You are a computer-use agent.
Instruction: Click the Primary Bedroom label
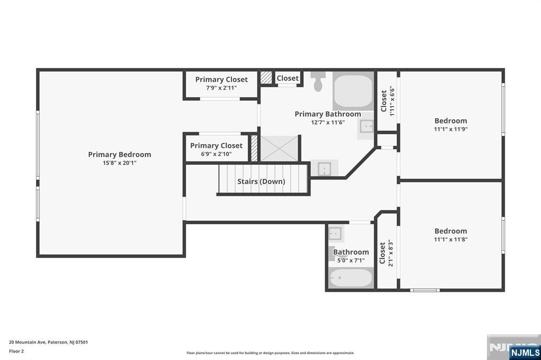click(119, 155)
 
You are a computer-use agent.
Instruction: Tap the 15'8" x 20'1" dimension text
click(119, 163)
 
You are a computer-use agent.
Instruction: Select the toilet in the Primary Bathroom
click(318, 83)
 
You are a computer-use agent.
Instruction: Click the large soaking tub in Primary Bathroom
click(353, 92)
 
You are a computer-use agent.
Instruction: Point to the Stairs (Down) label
click(261, 182)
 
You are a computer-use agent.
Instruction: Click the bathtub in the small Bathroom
click(351, 278)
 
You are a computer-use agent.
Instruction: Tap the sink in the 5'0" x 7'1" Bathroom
click(335, 233)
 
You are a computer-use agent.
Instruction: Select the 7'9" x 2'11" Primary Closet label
click(221, 88)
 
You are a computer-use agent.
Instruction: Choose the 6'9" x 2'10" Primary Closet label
click(216, 154)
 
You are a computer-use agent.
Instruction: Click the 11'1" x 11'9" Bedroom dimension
click(451, 129)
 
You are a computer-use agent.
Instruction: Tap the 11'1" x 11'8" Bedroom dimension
click(451, 239)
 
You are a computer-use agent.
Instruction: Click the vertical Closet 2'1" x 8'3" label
click(386, 253)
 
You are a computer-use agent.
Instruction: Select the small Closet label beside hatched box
click(287, 78)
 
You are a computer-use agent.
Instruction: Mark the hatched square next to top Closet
click(266, 78)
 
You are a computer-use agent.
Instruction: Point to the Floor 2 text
click(16, 351)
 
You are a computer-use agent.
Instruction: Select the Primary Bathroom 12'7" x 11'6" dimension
click(328, 122)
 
